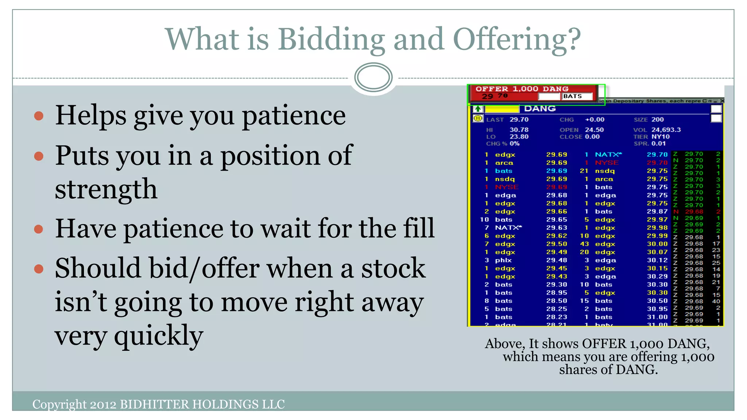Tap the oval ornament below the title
click(x=373, y=77)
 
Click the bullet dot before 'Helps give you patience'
click(x=39, y=116)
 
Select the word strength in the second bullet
click(x=106, y=189)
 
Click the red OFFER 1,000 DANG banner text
click(x=522, y=89)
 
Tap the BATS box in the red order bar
click(x=572, y=96)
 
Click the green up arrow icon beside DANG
click(x=478, y=109)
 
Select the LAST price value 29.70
click(x=519, y=120)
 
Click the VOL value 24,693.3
click(x=666, y=130)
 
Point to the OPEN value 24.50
click(x=594, y=130)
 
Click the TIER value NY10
click(x=661, y=137)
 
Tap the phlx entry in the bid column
click(x=503, y=260)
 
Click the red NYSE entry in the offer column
click(x=607, y=163)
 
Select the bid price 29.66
click(x=556, y=211)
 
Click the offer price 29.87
click(x=657, y=211)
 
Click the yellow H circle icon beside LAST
click(x=477, y=118)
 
